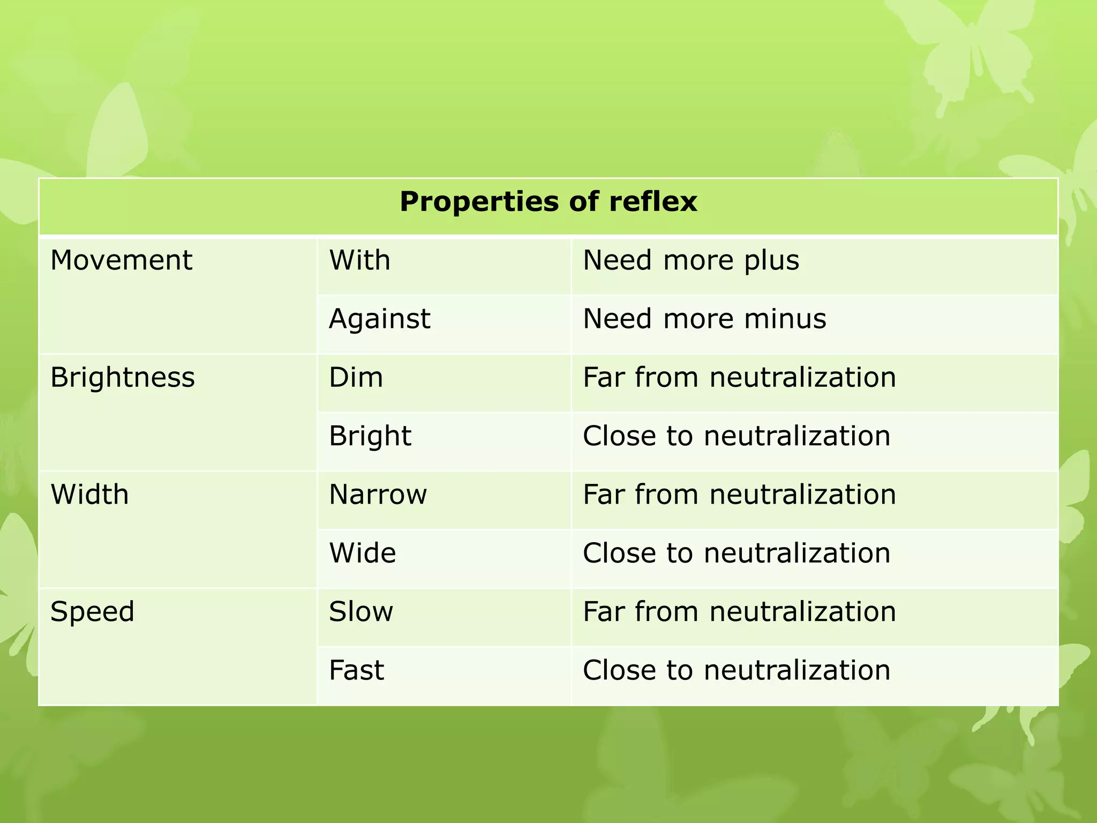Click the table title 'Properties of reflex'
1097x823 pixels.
click(x=548, y=203)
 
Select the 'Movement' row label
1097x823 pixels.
click(x=121, y=260)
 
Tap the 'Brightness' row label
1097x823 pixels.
click(x=123, y=377)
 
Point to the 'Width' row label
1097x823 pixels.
click(x=89, y=494)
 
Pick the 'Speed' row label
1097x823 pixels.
click(x=92, y=611)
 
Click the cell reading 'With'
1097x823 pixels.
click(x=359, y=260)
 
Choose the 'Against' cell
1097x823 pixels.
click(x=379, y=319)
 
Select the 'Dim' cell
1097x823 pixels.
click(x=356, y=377)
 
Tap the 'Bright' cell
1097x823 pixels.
click(x=370, y=436)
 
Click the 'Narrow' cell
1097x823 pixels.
click(x=378, y=494)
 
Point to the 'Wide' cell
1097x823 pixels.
click(x=362, y=553)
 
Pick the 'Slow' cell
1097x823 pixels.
click(x=360, y=611)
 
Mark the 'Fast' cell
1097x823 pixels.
click(x=356, y=670)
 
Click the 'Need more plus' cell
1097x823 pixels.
click(x=690, y=260)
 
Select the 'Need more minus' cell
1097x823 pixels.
click(x=704, y=319)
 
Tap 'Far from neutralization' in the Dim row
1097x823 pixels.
click(x=739, y=377)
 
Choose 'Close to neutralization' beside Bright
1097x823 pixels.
click(x=737, y=436)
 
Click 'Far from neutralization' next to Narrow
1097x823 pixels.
click(x=739, y=494)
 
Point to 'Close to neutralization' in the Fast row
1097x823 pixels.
click(x=737, y=670)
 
